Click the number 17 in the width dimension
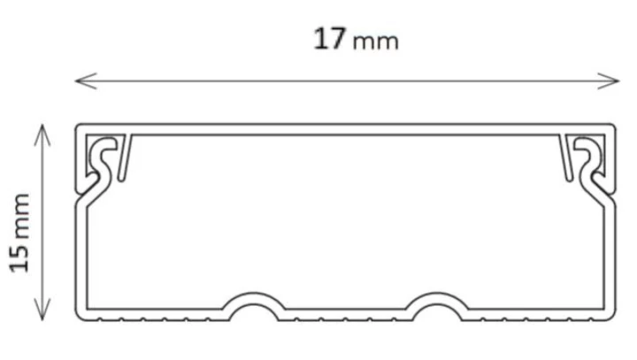[x=330, y=39]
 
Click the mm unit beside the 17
[x=376, y=42]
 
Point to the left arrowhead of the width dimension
[x=86, y=80]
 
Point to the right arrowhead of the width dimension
[x=608, y=80]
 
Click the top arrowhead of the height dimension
[x=42, y=135]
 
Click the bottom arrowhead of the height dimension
[x=42, y=310]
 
